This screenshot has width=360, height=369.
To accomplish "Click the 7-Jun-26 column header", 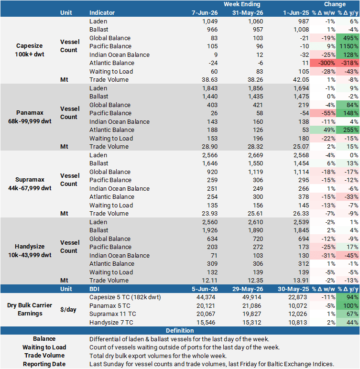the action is coord(204,13).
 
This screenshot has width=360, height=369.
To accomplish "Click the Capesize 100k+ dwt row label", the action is coord(30,50).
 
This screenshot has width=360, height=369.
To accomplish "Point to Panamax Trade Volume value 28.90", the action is coord(209,147).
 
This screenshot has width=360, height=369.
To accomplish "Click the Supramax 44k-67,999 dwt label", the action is coord(30,184).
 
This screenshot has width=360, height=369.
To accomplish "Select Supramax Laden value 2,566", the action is coord(210,155).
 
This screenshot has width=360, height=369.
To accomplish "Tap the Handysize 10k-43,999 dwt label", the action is coord(30,250).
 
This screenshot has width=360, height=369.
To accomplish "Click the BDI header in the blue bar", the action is coord(94,289).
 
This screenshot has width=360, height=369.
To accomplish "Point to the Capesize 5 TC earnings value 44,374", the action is coord(206,297).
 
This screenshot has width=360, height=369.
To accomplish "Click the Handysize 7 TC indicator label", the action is coord(111,323).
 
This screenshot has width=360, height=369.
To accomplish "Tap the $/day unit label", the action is coord(68,310).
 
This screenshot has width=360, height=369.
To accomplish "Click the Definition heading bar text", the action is coord(180,331).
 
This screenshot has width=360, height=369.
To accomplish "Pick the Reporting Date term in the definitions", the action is coord(44,364).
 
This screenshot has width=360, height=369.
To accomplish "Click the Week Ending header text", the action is coord(242,4).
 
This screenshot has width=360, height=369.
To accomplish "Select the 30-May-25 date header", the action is coord(293,289).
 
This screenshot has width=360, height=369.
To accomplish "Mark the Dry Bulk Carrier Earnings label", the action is coord(30,309).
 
